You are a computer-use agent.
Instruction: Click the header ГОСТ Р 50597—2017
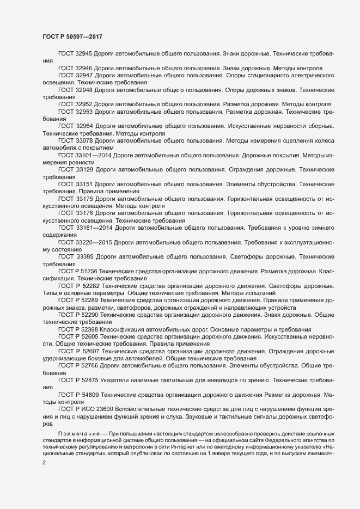coord(72,36)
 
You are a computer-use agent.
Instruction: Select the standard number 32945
coord(85,54)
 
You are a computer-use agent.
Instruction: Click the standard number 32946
coord(85,68)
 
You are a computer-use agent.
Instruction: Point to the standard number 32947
coord(85,75)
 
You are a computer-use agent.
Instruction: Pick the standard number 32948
coord(85,88)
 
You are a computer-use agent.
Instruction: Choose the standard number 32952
coord(85,104)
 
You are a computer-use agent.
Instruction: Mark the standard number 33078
coord(85,140)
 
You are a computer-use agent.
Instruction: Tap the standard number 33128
coord(86,170)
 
